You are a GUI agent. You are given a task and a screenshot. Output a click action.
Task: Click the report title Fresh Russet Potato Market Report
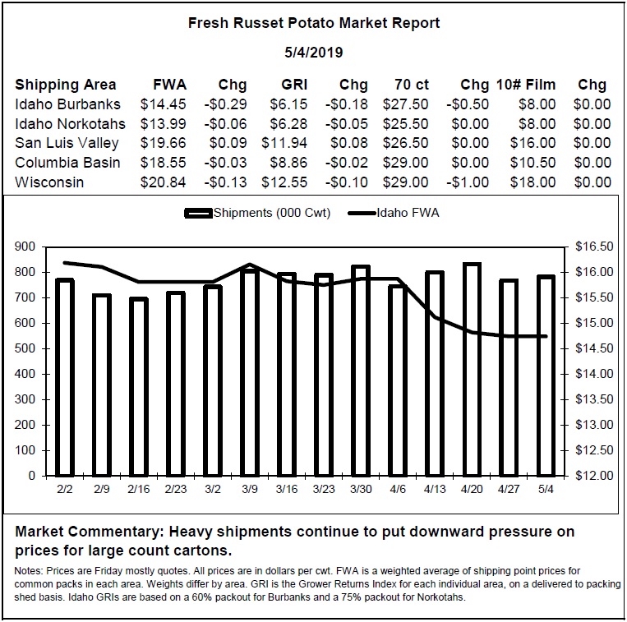click(314, 23)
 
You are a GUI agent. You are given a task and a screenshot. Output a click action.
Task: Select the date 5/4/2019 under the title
click(314, 53)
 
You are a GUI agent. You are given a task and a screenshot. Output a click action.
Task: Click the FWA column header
click(169, 85)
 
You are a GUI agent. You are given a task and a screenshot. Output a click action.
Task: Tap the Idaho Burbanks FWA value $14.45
click(164, 104)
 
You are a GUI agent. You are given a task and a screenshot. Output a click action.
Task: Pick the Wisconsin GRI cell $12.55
click(284, 182)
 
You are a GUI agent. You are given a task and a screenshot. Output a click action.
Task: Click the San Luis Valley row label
click(67, 143)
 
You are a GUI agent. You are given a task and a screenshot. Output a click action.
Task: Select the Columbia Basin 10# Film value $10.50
click(532, 163)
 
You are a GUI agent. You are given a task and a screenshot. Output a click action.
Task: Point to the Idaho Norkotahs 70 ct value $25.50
click(405, 124)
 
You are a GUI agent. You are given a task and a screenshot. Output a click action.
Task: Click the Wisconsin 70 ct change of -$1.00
click(468, 182)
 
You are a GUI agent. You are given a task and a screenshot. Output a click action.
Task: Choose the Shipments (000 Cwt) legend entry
click(257, 213)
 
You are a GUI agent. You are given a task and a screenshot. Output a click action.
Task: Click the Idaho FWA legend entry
click(394, 213)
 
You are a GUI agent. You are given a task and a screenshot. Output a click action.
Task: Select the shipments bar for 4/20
click(472, 370)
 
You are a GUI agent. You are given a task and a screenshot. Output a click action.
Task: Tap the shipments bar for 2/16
click(139, 387)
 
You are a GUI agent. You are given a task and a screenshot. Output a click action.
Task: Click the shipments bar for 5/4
click(546, 376)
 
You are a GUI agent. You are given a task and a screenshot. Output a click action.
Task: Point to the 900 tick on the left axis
click(25, 246)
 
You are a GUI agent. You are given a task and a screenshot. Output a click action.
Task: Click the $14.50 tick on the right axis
click(594, 348)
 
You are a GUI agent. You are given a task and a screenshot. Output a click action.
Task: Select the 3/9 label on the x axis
click(250, 489)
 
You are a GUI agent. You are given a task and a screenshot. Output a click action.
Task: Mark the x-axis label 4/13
click(435, 489)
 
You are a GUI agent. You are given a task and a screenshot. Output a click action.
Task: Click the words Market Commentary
click(90, 532)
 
